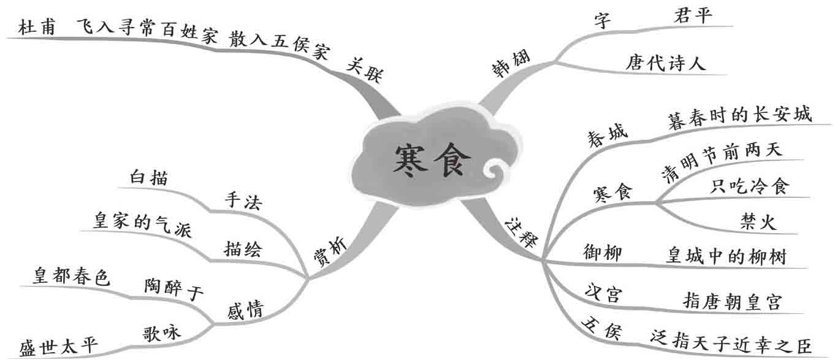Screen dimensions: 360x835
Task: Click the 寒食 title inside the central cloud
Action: (432, 161)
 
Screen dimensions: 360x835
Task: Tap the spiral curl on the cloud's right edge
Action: (494, 170)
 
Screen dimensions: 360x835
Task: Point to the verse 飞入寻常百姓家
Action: (147, 31)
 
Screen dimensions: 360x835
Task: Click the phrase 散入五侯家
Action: (280, 42)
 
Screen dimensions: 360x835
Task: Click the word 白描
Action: (150, 177)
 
